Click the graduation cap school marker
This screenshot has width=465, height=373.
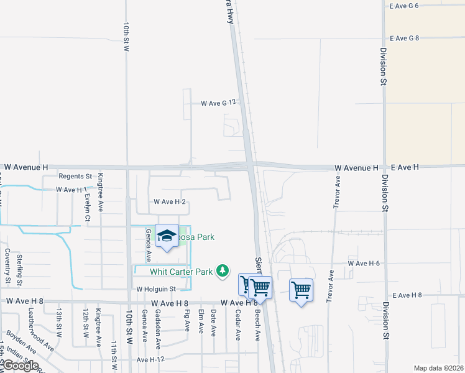point(167,236)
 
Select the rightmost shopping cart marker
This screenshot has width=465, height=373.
point(301,289)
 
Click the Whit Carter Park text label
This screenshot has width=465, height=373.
point(182,271)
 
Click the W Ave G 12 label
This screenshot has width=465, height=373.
point(219,103)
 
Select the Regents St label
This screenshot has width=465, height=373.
point(75,177)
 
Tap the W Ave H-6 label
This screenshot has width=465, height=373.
point(368,264)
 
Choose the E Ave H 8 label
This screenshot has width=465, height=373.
point(407,295)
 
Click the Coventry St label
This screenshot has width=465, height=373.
point(7,265)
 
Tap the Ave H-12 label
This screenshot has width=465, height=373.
point(150,359)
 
